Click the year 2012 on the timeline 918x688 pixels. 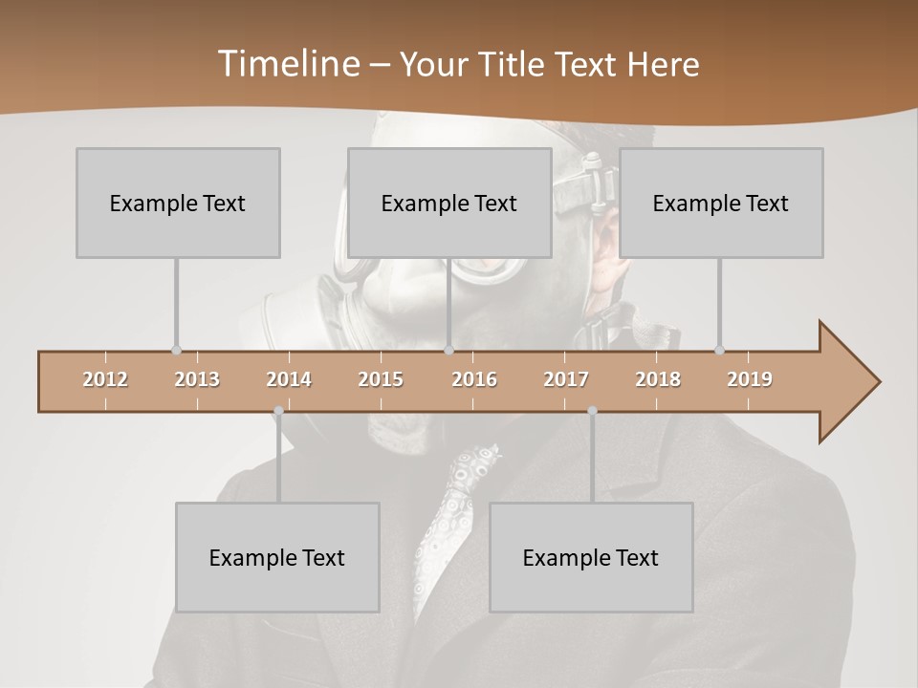(x=105, y=379)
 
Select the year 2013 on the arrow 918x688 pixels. (x=197, y=379)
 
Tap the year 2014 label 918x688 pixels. (x=289, y=379)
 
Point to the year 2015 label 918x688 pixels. (x=381, y=379)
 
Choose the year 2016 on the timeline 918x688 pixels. (x=474, y=379)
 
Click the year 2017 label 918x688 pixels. (x=566, y=379)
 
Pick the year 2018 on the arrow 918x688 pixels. (x=658, y=379)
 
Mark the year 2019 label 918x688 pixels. (x=750, y=379)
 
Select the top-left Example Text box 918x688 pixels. (x=178, y=203)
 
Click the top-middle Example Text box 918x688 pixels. (x=449, y=203)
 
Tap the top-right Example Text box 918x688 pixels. (x=721, y=203)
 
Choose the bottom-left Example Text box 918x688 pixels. (x=277, y=557)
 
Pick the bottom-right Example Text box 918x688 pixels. (x=591, y=557)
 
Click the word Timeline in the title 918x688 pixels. (x=287, y=64)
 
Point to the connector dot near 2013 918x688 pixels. (x=176, y=350)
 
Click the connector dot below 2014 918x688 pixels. (x=278, y=411)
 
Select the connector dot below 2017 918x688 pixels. (x=592, y=411)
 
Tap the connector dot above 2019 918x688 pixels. (x=719, y=350)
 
